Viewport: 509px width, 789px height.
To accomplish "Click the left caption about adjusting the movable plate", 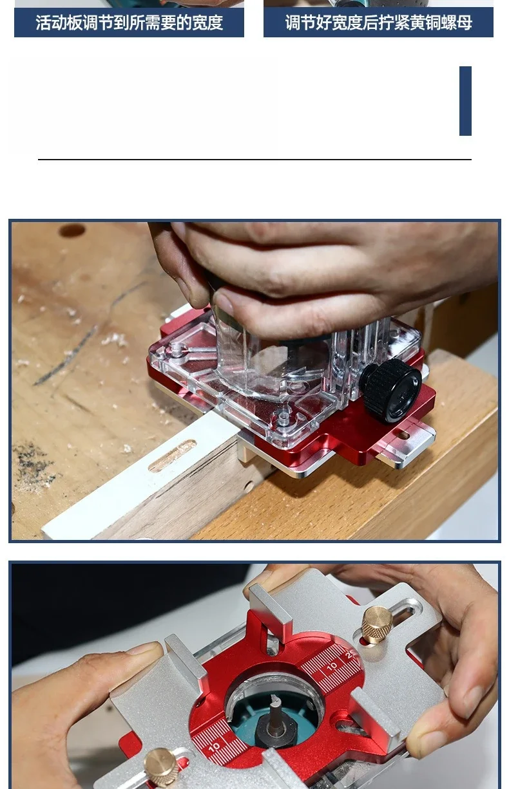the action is point(129,23).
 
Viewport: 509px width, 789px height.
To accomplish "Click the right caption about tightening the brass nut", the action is point(378,23).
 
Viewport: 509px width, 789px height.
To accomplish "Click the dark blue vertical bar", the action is point(465,101).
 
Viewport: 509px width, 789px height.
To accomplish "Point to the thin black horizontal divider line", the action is point(254,160).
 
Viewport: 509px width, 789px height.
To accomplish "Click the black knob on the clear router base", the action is point(392,390).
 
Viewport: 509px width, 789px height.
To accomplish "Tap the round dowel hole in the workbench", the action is point(72,230).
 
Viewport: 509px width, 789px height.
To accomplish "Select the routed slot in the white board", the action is point(173,456).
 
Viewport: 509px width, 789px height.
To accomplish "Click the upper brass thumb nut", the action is point(376,624).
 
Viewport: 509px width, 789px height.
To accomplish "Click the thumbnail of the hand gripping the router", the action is point(254,381).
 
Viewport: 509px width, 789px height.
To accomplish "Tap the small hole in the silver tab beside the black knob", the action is point(403,436).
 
